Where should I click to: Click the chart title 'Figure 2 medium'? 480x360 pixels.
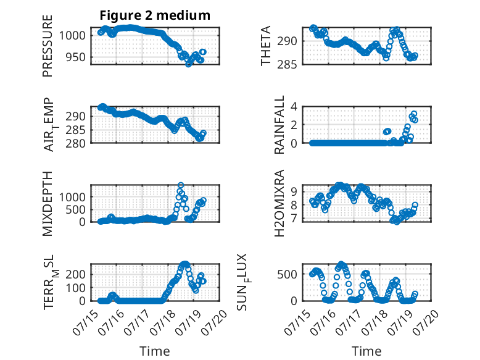[155, 15]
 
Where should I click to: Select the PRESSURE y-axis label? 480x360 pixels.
[48, 46]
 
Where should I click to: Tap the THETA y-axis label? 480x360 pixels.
[266, 46]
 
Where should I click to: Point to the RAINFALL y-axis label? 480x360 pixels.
[279, 125]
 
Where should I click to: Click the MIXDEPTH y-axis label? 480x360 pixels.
[48, 204]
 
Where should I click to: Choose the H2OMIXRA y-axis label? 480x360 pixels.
[279, 203]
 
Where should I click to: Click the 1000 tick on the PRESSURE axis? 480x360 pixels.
[72, 36]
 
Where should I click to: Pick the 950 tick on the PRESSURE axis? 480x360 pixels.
[76, 57]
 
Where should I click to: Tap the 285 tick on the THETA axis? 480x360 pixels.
[287, 64]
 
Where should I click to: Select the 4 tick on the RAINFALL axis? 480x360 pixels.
[294, 107]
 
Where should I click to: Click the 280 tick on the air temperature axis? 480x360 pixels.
[76, 143]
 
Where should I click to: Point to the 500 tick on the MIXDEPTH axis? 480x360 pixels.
[76, 210]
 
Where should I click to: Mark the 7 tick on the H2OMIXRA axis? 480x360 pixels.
[294, 219]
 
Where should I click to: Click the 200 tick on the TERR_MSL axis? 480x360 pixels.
[76, 274]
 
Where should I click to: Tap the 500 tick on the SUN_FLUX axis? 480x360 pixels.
[287, 274]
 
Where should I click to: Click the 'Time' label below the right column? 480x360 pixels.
[366, 351]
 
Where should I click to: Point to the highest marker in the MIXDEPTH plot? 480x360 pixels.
[181, 185]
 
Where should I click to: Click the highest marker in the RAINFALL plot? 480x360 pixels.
[414, 114]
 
